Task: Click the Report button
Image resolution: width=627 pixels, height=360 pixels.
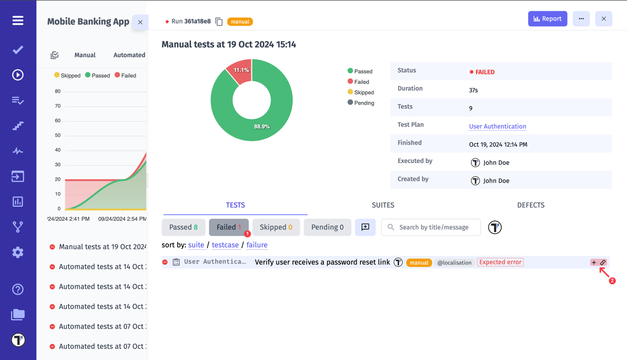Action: (x=547, y=19)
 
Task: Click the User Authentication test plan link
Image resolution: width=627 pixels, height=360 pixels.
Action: (x=497, y=126)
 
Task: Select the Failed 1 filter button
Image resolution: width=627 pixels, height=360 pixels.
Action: (x=229, y=227)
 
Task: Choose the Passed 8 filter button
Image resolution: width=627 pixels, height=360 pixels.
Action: (x=183, y=227)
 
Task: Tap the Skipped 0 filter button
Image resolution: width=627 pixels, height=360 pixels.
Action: (x=276, y=227)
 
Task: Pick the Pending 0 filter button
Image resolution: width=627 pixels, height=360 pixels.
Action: (x=327, y=227)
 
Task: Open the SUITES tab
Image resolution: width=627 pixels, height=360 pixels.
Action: (x=383, y=205)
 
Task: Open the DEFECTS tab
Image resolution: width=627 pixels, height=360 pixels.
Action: (x=531, y=205)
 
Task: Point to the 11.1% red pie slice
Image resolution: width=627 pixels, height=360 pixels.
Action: (x=240, y=71)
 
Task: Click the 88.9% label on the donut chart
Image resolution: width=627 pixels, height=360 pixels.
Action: (x=262, y=126)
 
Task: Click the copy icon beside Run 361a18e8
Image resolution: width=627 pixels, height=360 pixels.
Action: (x=219, y=22)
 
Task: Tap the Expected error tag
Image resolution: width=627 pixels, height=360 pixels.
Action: (x=500, y=263)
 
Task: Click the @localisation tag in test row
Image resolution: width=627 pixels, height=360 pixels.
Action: (x=454, y=263)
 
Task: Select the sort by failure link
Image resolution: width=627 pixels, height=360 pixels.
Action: (x=257, y=245)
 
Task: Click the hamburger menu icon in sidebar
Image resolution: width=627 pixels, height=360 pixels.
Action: (x=18, y=21)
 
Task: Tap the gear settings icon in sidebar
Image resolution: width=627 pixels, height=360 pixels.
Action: (x=18, y=252)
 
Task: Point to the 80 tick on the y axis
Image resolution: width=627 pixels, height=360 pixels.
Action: (x=58, y=91)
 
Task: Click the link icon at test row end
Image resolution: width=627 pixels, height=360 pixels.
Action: (x=603, y=263)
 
